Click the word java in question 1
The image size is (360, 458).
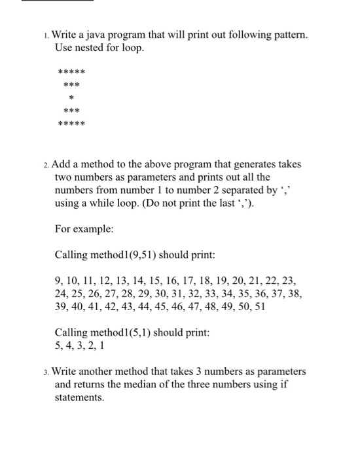(x=105, y=33)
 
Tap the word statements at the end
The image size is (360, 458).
(x=79, y=397)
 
